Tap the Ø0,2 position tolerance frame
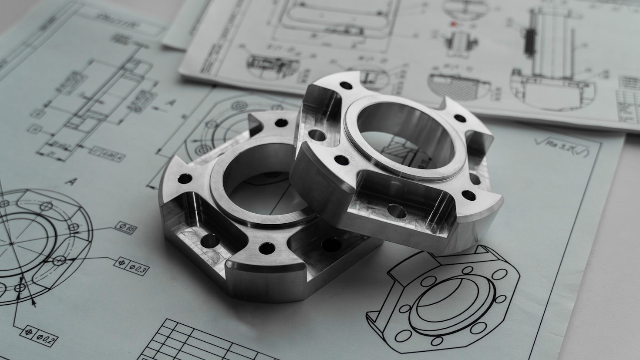pyautogui.click(x=40, y=335)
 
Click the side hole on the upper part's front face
pyautogui.click(x=397, y=212)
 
